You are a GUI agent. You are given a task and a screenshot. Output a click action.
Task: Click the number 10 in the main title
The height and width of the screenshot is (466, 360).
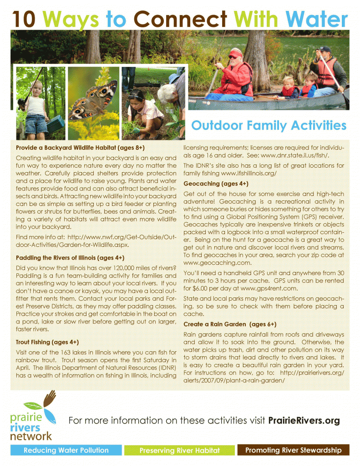tap(24, 19)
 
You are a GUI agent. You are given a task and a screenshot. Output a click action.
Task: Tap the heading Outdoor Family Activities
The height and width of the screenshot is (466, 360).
tap(269, 125)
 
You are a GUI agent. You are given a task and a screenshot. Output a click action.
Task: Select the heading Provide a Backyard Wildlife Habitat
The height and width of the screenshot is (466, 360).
tap(80, 148)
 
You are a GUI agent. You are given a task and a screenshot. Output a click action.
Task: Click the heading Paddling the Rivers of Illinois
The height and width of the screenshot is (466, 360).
tap(70, 258)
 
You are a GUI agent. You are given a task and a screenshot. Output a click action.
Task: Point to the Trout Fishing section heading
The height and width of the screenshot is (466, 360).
tap(47, 342)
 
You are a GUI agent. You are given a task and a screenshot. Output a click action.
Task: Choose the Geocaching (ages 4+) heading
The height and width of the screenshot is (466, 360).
tap(216, 184)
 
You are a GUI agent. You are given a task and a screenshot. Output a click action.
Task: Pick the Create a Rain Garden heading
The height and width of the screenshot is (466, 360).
tap(230, 324)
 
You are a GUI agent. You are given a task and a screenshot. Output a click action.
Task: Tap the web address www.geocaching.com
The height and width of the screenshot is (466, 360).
tap(218, 263)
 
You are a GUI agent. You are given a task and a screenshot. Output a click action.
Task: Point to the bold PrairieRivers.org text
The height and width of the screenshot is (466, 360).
tap(304, 420)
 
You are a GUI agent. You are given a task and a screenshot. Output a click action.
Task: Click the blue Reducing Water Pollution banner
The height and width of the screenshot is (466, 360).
tap(66, 450)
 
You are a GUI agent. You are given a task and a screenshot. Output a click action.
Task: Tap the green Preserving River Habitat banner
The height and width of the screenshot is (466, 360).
tap(179, 450)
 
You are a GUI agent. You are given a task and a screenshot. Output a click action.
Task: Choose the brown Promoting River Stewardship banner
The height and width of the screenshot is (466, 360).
tap(293, 450)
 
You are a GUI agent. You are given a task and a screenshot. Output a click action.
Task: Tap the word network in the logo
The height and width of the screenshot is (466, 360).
tap(31, 436)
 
